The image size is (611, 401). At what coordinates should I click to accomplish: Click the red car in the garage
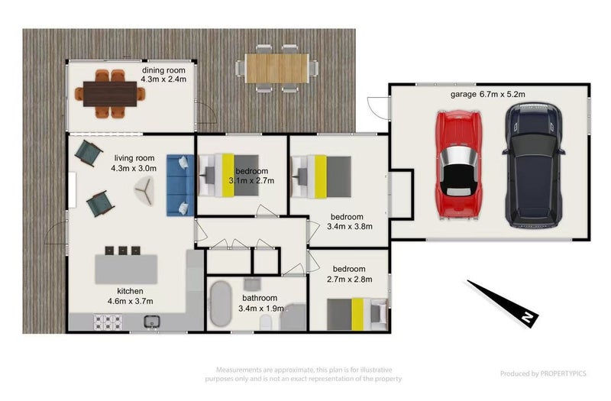459,165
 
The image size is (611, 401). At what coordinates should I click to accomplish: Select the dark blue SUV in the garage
533,165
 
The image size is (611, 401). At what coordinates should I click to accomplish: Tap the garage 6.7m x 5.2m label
487,94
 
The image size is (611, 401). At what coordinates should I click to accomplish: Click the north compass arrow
503,302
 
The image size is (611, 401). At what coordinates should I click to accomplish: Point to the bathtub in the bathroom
221,303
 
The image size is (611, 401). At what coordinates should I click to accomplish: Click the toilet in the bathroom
266,322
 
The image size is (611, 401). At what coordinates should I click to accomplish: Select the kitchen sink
151,322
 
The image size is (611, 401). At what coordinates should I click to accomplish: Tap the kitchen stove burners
108,322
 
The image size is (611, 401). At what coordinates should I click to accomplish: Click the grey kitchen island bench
126,269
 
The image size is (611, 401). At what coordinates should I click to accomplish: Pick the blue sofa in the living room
180,185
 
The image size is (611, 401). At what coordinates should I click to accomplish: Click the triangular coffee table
145,190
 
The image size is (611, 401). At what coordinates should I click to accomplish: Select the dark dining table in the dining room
110,94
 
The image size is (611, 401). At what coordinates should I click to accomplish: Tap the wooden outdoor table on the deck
277,69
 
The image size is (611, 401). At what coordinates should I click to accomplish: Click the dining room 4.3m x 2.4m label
163,75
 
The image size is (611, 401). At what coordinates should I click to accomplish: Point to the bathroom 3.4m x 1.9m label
260,303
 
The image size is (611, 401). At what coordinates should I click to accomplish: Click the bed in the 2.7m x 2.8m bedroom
357,314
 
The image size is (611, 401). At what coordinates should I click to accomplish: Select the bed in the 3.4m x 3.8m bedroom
322,176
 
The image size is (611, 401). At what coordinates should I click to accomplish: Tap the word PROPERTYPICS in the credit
563,374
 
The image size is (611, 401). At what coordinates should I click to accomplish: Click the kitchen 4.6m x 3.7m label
130,296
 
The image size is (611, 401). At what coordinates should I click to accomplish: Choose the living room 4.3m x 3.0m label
134,163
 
